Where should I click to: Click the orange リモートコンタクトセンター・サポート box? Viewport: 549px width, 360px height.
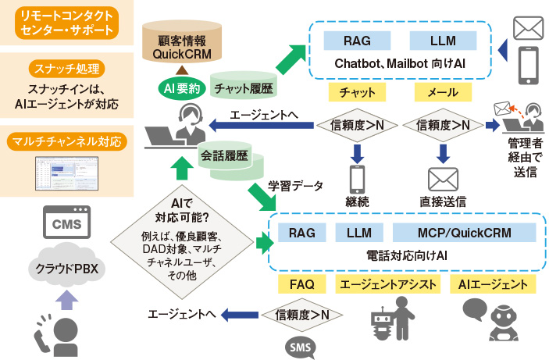tap(66, 23)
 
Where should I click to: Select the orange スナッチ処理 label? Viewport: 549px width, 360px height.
tap(66, 67)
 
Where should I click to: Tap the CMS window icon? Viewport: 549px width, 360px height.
tap(66, 225)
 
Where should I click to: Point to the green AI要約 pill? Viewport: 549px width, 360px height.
tap(180, 88)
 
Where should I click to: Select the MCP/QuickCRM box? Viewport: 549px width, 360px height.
tap(465, 232)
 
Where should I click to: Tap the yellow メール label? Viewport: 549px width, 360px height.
tap(443, 92)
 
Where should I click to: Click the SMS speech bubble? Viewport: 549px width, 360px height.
tap(299, 344)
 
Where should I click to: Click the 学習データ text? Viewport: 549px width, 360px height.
tap(290, 187)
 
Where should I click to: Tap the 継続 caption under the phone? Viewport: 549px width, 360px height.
tap(358, 201)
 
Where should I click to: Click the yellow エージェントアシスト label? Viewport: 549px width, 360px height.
tap(387, 283)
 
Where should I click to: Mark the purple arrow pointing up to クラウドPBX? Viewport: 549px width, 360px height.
tap(66, 299)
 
